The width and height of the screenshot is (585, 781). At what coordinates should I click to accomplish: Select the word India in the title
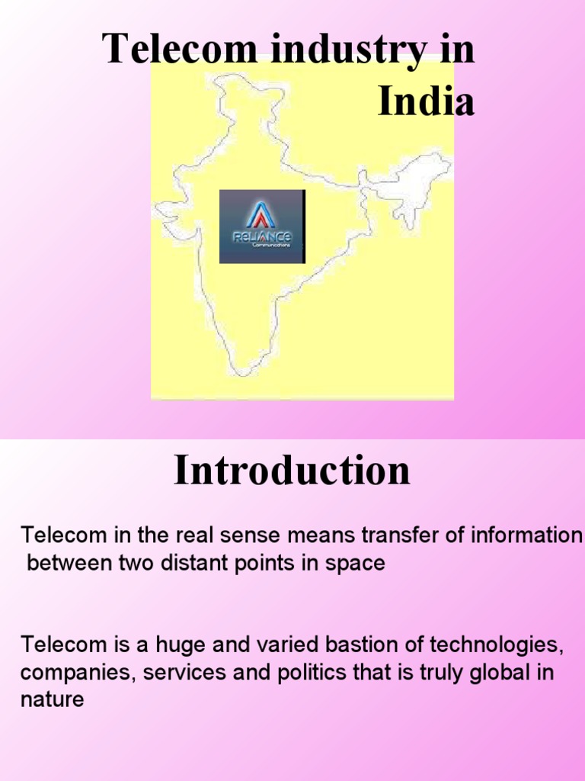(x=427, y=102)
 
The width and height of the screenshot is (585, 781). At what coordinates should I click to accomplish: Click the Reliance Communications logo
(x=262, y=227)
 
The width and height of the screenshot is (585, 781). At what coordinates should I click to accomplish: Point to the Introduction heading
(x=292, y=471)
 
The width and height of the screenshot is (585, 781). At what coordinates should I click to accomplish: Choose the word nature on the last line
(x=52, y=700)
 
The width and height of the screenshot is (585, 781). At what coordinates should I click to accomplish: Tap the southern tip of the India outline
(x=242, y=371)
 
